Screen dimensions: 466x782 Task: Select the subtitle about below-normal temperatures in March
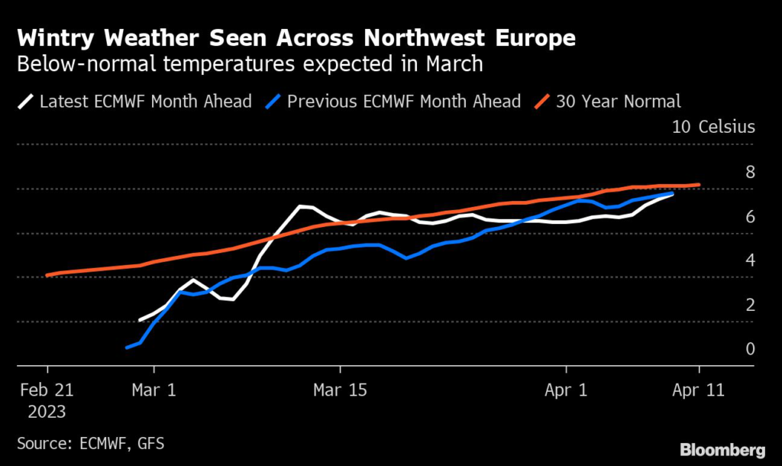tap(250, 63)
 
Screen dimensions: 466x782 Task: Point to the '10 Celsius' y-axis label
tap(713, 127)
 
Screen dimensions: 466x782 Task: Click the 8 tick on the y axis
tap(750, 172)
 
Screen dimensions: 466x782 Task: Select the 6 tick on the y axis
tap(750, 217)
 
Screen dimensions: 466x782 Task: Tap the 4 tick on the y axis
tap(750, 261)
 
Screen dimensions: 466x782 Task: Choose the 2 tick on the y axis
tap(750, 305)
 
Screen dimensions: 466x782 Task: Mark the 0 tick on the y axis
tap(750, 349)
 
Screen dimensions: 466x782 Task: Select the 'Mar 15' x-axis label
tap(340, 390)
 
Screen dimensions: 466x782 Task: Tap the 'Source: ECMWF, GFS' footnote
tap(90, 443)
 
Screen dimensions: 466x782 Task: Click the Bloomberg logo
tap(722, 448)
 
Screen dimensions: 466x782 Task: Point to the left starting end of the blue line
tap(127, 348)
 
